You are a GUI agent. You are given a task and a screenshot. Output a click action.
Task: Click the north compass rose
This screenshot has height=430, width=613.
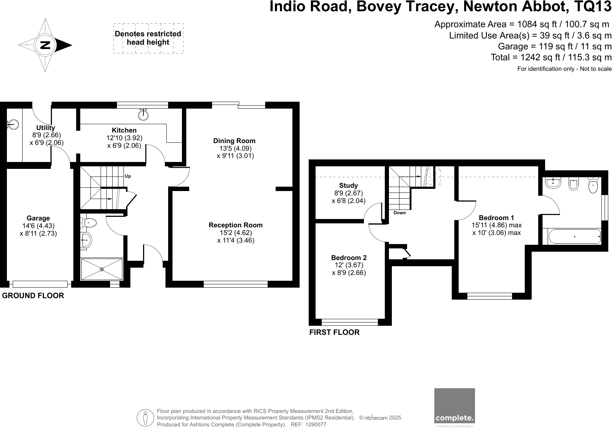pyautogui.click(x=45, y=45)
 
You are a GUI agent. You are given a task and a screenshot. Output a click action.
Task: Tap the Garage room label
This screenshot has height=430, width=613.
pyautogui.click(x=38, y=218)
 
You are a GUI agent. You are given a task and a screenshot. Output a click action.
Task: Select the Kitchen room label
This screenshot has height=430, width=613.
pyautogui.click(x=124, y=130)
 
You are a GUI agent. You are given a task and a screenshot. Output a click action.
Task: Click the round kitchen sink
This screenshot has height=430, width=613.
pyautogui.click(x=143, y=115)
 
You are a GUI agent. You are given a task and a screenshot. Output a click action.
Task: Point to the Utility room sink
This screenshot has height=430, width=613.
pyautogui.click(x=13, y=125)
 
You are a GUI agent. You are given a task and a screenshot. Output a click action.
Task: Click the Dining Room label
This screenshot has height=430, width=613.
pyautogui.click(x=234, y=141)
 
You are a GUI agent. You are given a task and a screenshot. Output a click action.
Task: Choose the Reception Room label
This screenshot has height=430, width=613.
pyautogui.click(x=235, y=225)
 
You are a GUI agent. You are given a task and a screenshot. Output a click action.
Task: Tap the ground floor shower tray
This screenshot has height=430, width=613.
pyautogui.click(x=102, y=269)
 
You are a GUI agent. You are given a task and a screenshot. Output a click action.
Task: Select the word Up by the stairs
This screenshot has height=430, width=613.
pyautogui.click(x=127, y=176)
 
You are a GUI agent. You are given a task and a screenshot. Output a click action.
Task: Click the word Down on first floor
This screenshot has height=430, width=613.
pyautogui.click(x=399, y=213)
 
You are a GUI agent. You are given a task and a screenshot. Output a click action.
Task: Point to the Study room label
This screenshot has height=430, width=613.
pyautogui.click(x=348, y=186)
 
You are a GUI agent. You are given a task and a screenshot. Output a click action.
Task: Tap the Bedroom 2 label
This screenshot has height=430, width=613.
pyautogui.click(x=349, y=258)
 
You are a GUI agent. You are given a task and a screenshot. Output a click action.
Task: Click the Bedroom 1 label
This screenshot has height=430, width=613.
pyautogui.click(x=496, y=218)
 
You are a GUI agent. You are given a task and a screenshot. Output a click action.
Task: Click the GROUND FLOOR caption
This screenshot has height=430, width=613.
pyautogui.click(x=33, y=296)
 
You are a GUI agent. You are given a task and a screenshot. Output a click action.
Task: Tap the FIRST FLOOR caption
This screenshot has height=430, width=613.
pyautogui.click(x=334, y=332)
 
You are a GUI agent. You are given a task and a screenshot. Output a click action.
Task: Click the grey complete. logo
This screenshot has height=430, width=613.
pyautogui.click(x=454, y=405)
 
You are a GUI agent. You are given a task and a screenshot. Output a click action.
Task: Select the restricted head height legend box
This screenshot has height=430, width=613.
pyautogui.click(x=148, y=38)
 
